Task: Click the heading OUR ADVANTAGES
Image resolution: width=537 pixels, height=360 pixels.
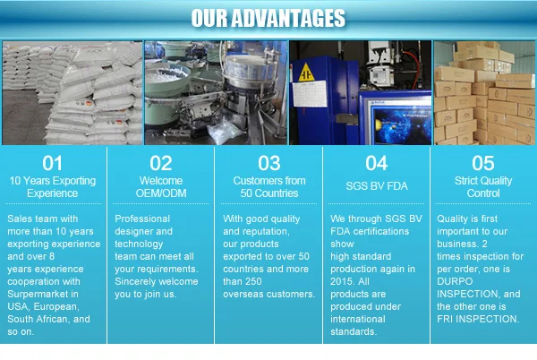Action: pyautogui.click(x=268, y=18)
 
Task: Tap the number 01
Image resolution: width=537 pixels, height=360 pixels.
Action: pyautogui.click(x=53, y=163)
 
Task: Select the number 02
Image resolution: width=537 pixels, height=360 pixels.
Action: pyautogui.click(x=160, y=163)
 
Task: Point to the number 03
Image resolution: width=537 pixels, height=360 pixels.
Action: pyautogui.click(x=269, y=163)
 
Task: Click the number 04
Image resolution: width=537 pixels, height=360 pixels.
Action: pyautogui.click(x=377, y=163)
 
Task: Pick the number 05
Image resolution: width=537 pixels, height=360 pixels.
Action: pyautogui.click(x=483, y=163)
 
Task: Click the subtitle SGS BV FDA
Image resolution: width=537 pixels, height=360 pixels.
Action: pyautogui.click(x=377, y=186)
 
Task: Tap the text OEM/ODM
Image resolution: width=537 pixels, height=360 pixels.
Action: pyautogui.click(x=161, y=193)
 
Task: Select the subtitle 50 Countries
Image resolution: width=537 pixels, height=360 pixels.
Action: pyautogui.click(x=269, y=193)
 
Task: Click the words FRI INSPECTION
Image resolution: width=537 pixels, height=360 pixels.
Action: pyautogui.click(x=478, y=319)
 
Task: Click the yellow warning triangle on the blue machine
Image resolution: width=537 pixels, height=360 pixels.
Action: pyautogui.click(x=306, y=73)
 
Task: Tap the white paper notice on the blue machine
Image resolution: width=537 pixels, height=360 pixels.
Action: pyautogui.click(x=310, y=93)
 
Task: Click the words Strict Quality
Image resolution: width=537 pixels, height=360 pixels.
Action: pyautogui.click(x=483, y=181)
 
